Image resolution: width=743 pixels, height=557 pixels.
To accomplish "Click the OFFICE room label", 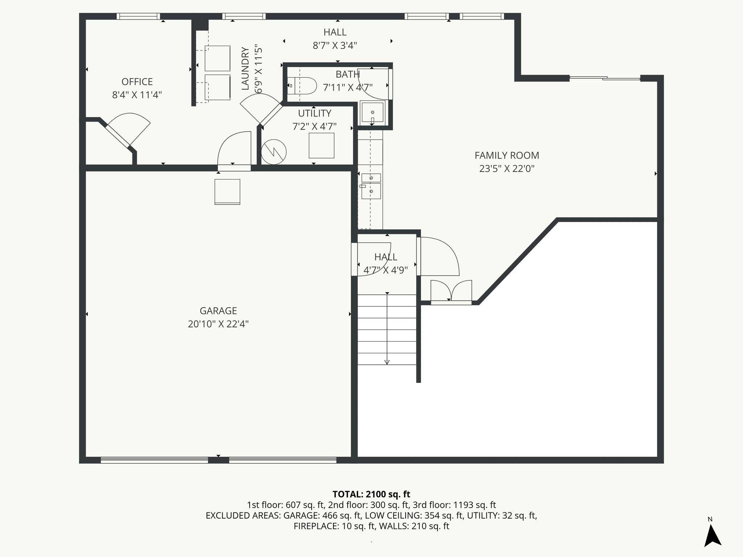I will coord(137,82).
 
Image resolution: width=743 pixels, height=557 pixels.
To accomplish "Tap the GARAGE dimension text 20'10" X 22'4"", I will coord(218,324).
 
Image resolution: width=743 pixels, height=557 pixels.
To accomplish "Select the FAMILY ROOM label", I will coord(507,156).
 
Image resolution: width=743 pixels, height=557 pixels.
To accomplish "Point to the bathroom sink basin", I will coord(373,113).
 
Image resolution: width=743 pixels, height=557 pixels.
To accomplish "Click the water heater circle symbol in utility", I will coord(274,152).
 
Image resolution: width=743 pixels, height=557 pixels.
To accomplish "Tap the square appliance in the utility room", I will coord(321,145).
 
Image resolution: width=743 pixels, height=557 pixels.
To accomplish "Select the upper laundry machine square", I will coord(217,58).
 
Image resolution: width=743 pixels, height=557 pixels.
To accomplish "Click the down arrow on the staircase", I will coord(387,361).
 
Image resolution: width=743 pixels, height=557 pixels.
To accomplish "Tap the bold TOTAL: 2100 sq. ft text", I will coord(371,494).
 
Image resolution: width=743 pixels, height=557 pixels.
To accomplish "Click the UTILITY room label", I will coord(315,114).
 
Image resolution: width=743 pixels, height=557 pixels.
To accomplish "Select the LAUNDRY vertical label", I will coord(246,69).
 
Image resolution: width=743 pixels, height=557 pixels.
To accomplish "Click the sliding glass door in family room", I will coord(604,78).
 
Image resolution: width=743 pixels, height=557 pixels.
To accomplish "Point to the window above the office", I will coord(138,16).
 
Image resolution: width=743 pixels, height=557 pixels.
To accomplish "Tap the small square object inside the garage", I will coord(227,191).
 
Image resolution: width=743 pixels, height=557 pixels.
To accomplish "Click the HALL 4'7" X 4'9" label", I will coord(386,257).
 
